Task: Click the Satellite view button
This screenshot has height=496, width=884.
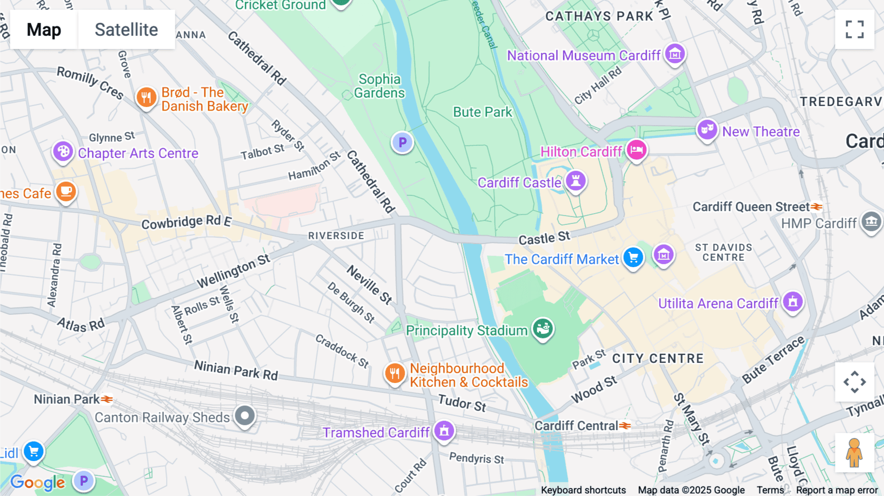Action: [126, 29]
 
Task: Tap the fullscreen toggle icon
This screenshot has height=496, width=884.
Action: [855, 29]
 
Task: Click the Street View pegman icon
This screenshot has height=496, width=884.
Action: [855, 452]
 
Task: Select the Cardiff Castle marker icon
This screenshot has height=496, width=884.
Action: [576, 181]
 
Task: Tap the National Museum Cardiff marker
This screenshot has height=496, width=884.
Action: [675, 54]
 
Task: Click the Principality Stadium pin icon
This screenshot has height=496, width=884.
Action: [543, 329]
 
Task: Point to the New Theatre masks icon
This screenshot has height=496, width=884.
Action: [707, 130]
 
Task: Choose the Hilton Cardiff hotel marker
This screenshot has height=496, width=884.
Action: [636, 150]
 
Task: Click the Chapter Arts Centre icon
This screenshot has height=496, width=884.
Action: [63, 152]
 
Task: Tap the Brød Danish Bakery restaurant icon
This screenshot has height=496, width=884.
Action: [146, 98]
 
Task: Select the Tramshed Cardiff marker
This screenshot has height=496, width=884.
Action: [444, 431]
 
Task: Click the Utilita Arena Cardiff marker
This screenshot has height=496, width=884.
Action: [793, 302]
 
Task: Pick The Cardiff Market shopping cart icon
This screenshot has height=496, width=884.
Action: [633, 257]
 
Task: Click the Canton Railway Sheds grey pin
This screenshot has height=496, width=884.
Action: [245, 416]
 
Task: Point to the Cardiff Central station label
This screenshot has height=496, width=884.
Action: [576, 426]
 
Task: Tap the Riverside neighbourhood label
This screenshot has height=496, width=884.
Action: [336, 236]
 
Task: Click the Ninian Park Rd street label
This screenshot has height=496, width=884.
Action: [236, 370]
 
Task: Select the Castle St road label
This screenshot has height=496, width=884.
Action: [544, 238]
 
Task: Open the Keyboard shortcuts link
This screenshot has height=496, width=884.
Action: [583, 490]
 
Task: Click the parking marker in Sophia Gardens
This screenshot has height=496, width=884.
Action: [402, 142]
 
